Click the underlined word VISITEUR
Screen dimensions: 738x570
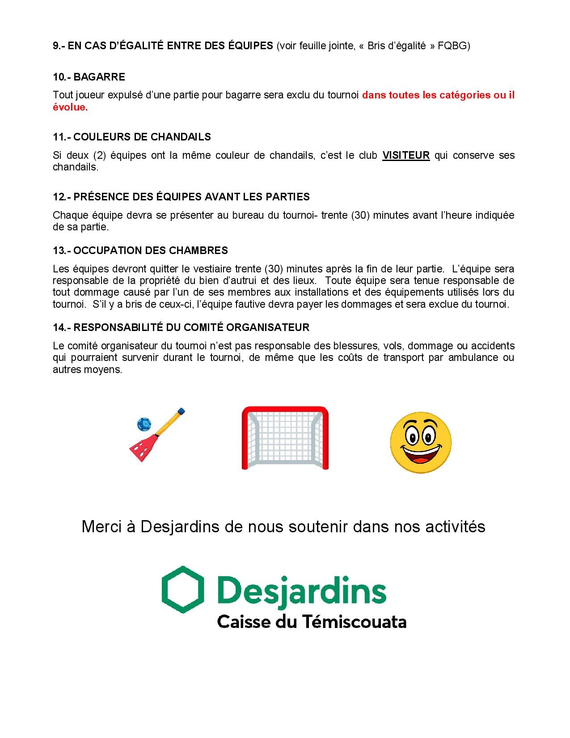coord(405,155)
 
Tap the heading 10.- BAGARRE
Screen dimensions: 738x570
coord(89,77)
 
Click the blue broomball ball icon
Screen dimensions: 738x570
coord(144,424)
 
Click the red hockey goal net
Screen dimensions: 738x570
coord(285,438)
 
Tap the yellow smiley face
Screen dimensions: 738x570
coord(420,441)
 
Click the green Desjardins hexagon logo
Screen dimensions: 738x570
coord(182,589)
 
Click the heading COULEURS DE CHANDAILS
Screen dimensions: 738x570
coord(142,137)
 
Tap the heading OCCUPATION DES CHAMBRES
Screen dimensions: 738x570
coord(150,250)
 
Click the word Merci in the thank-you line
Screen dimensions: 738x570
coord(101,526)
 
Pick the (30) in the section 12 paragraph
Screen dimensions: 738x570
coord(361,215)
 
